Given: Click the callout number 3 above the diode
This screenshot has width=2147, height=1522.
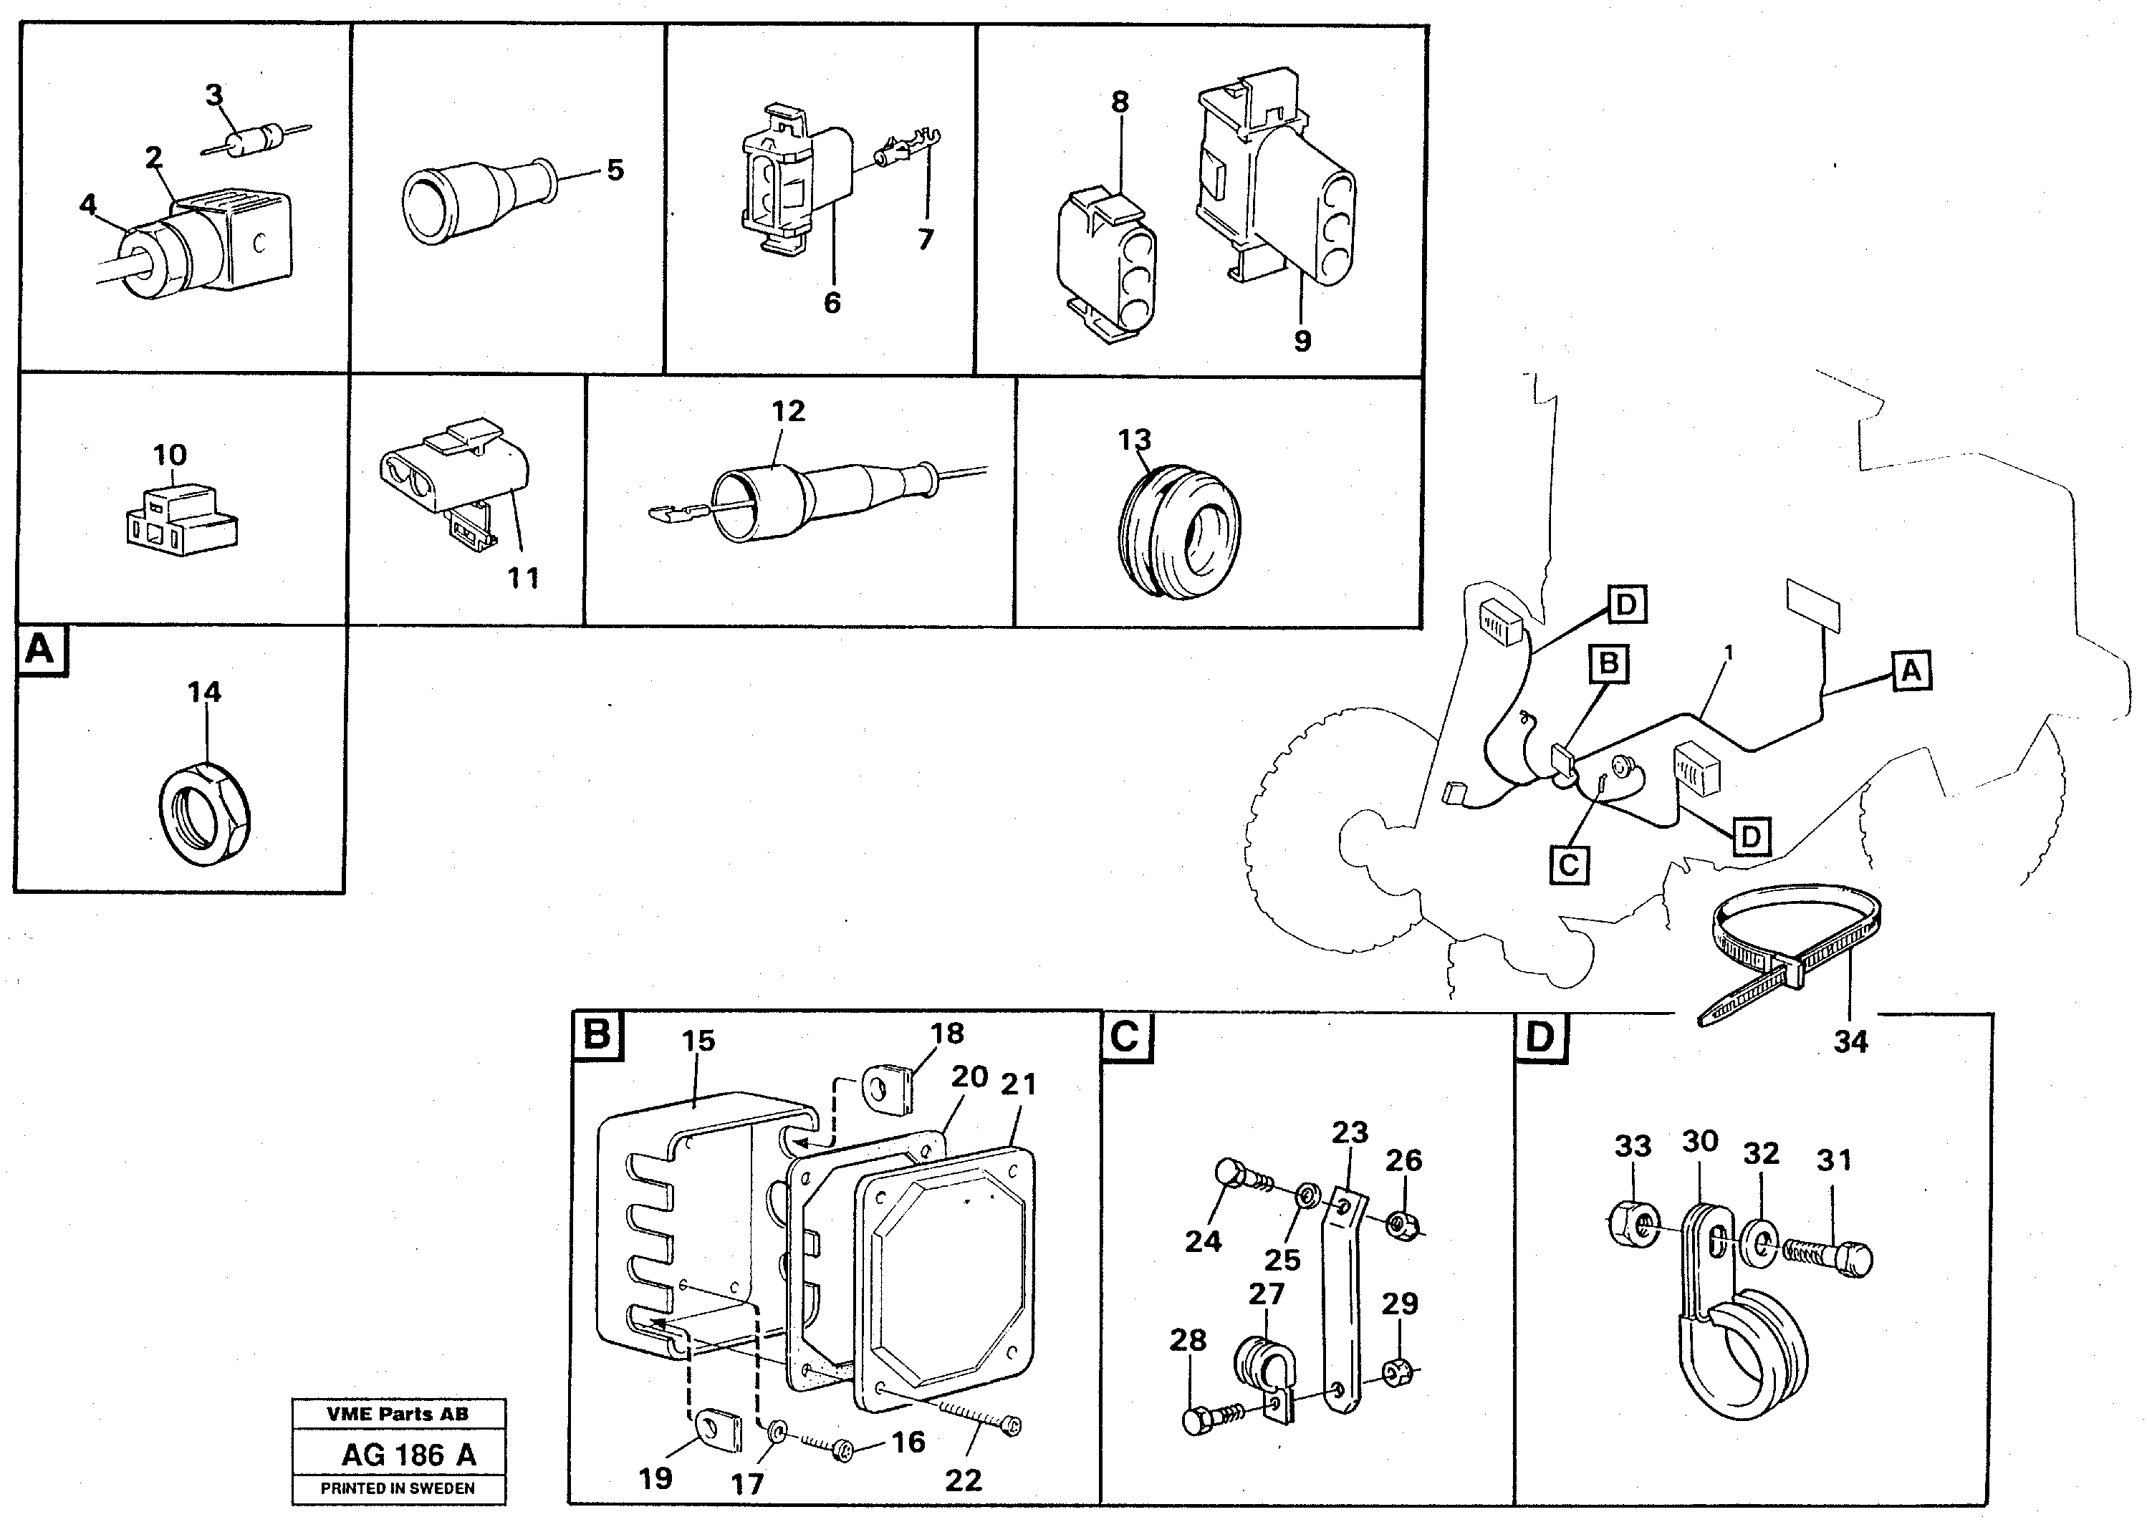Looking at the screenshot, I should (x=215, y=95).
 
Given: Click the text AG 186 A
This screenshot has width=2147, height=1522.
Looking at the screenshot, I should (x=408, y=1455).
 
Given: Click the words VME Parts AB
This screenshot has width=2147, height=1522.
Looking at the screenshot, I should (x=398, y=1415).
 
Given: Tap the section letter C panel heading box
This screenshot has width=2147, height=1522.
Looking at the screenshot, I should (x=1125, y=1036).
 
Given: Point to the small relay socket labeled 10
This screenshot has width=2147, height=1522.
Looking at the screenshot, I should (x=180, y=521).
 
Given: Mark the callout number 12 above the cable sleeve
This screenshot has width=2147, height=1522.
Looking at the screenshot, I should (x=788, y=410).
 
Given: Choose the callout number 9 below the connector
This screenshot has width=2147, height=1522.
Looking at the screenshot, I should (x=1302, y=341).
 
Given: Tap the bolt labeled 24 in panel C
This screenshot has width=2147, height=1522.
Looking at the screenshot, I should (x=1237, y=1177).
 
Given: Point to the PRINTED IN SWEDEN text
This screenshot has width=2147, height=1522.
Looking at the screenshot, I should (x=398, y=1488).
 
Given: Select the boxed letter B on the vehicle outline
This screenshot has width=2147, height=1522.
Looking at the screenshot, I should (x=1608, y=663).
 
